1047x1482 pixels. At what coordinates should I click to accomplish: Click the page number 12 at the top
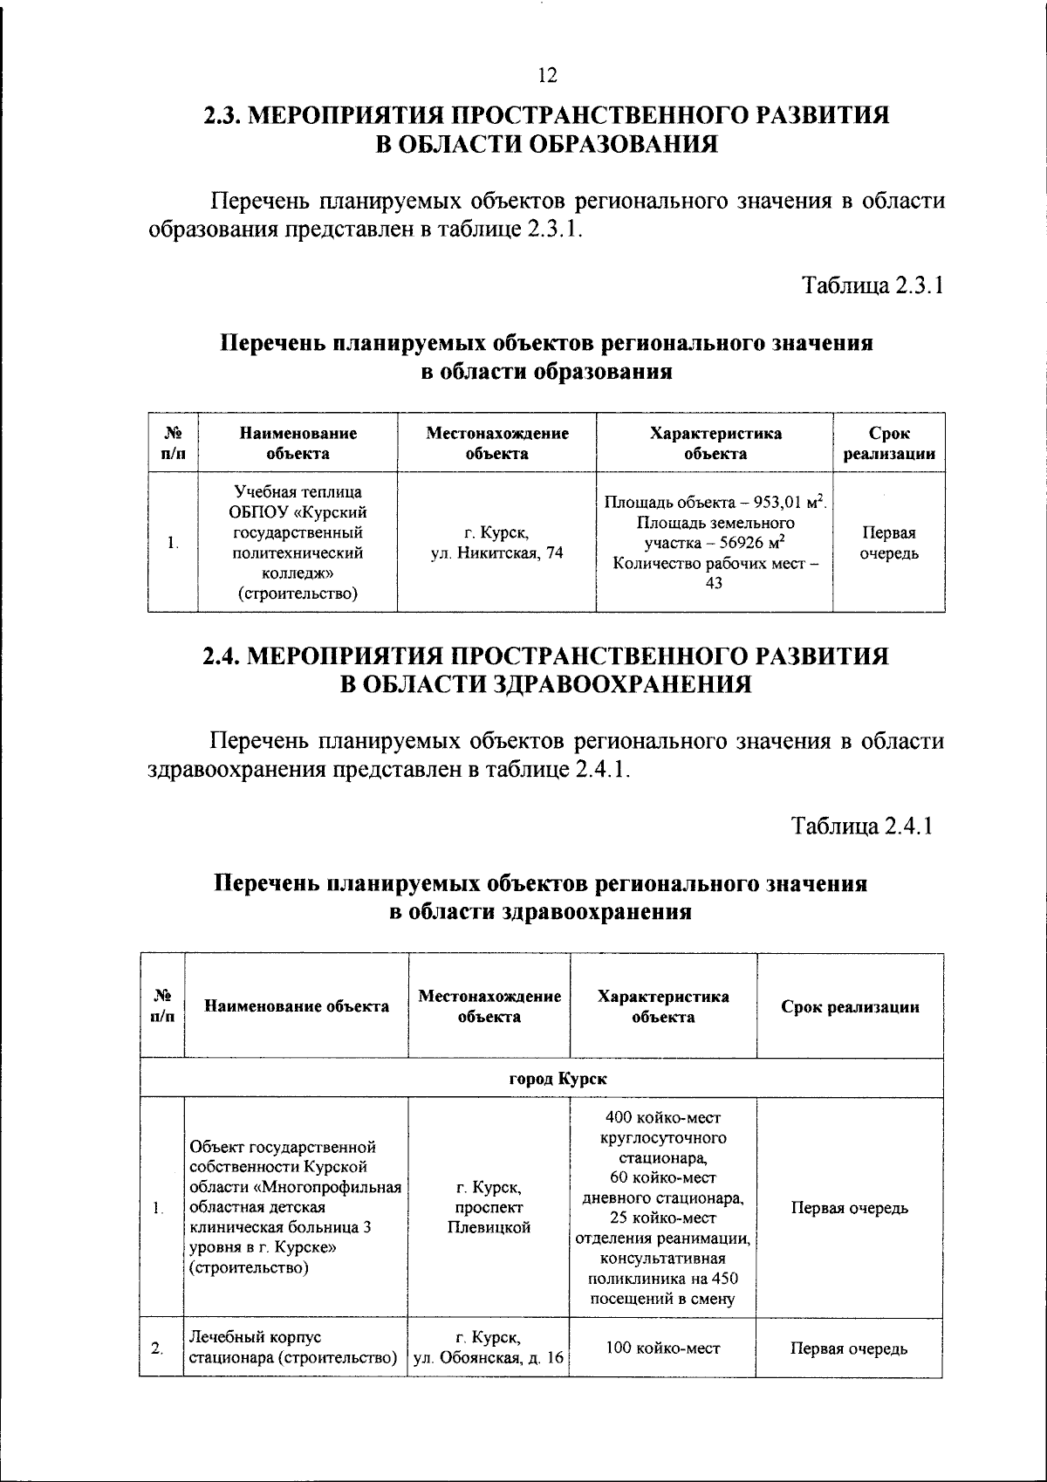pos(547,75)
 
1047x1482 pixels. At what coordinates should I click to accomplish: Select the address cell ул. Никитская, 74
pos(497,553)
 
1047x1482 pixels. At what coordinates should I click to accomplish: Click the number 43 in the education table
pos(714,583)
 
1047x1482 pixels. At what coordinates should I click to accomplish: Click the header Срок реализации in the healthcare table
pos(850,1006)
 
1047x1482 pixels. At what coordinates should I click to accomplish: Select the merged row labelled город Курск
pos(558,1079)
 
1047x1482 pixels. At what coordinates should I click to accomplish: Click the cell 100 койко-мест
pos(663,1348)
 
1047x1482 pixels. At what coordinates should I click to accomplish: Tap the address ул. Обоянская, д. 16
pos(489,1359)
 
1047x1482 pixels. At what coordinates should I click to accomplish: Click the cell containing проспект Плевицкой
pos(489,1208)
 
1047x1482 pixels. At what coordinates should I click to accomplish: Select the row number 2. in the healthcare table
pos(158,1348)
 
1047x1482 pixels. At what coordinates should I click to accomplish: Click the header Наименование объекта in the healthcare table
pos(297,1006)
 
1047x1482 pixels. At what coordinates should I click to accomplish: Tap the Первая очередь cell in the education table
pos(888,543)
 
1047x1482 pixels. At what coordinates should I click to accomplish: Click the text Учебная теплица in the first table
pos(298,492)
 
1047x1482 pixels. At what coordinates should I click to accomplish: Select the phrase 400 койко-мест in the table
pos(663,1117)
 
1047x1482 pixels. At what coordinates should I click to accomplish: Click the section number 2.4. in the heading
pos(223,655)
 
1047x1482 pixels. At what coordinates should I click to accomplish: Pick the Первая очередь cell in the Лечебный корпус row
pos(849,1348)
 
